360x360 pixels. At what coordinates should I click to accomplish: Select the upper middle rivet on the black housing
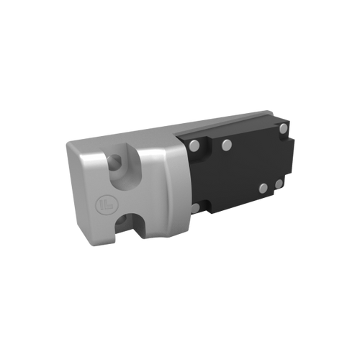tap(226, 145)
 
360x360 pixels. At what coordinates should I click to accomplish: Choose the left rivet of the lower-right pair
tap(264, 188)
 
